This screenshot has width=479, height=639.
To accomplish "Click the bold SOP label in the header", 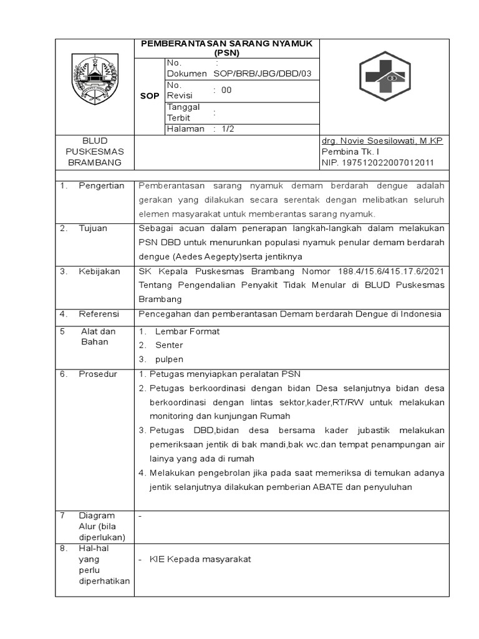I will pyautogui.click(x=150, y=96).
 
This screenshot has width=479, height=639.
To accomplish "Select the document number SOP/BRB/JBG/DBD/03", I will pyautogui.click(x=262, y=74).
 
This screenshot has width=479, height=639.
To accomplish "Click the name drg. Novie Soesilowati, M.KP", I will pyautogui.click(x=382, y=141).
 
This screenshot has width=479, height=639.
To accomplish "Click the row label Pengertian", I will pyautogui.click(x=101, y=186).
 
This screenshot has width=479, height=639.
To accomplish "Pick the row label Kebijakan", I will pyautogui.click(x=99, y=271).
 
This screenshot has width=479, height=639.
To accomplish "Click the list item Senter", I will pyautogui.click(x=169, y=345).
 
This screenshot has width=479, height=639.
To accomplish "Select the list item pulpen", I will pyautogui.click(x=170, y=359).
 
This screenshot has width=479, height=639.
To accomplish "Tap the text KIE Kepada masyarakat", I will pyautogui.click(x=200, y=559).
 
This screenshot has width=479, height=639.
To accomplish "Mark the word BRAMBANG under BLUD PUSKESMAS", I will pyautogui.click(x=95, y=163).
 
